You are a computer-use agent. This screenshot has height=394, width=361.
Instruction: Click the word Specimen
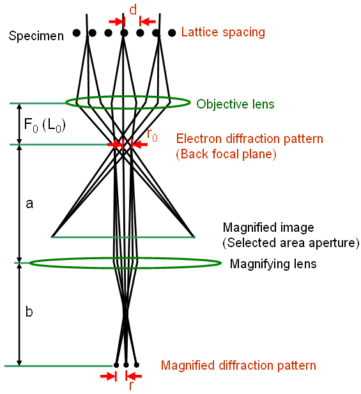(36, 36)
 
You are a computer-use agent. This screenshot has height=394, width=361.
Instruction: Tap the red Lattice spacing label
(223, 32)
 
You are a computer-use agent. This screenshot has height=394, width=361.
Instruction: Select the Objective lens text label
(235, 104)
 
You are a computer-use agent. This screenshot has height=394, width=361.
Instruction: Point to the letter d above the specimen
(132, 10)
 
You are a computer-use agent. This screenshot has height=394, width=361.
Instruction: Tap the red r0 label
(153, 134)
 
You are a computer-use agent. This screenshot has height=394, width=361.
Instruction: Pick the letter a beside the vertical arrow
(29, 204)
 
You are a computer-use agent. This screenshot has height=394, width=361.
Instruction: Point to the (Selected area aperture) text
(291, 243)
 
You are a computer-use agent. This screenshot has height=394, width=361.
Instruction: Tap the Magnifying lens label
(273, 263)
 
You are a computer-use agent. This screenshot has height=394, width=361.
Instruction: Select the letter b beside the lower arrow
(29, 312)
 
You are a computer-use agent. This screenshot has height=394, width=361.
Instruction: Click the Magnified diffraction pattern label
(238, 366)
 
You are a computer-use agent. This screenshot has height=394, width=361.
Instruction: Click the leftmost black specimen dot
(77, 33)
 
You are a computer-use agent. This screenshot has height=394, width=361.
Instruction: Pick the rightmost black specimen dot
(172, 33)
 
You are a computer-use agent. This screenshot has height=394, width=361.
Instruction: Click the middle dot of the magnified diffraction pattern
(127, 365)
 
